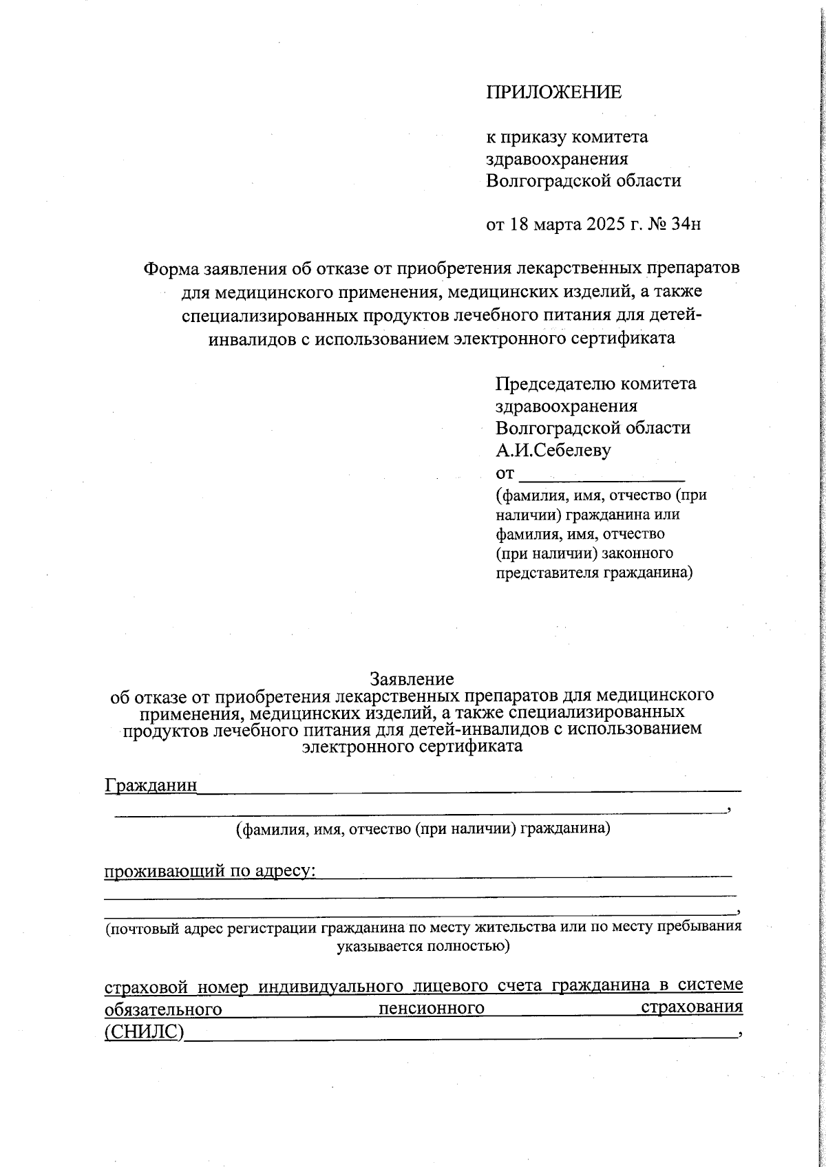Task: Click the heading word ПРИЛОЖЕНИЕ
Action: (553, 92)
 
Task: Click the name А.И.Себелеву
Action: (553, 450)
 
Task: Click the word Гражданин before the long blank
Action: (151, 785)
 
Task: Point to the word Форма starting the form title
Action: (168, 268)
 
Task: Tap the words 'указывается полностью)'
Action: (423, 946)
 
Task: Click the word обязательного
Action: (162, 1009)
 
